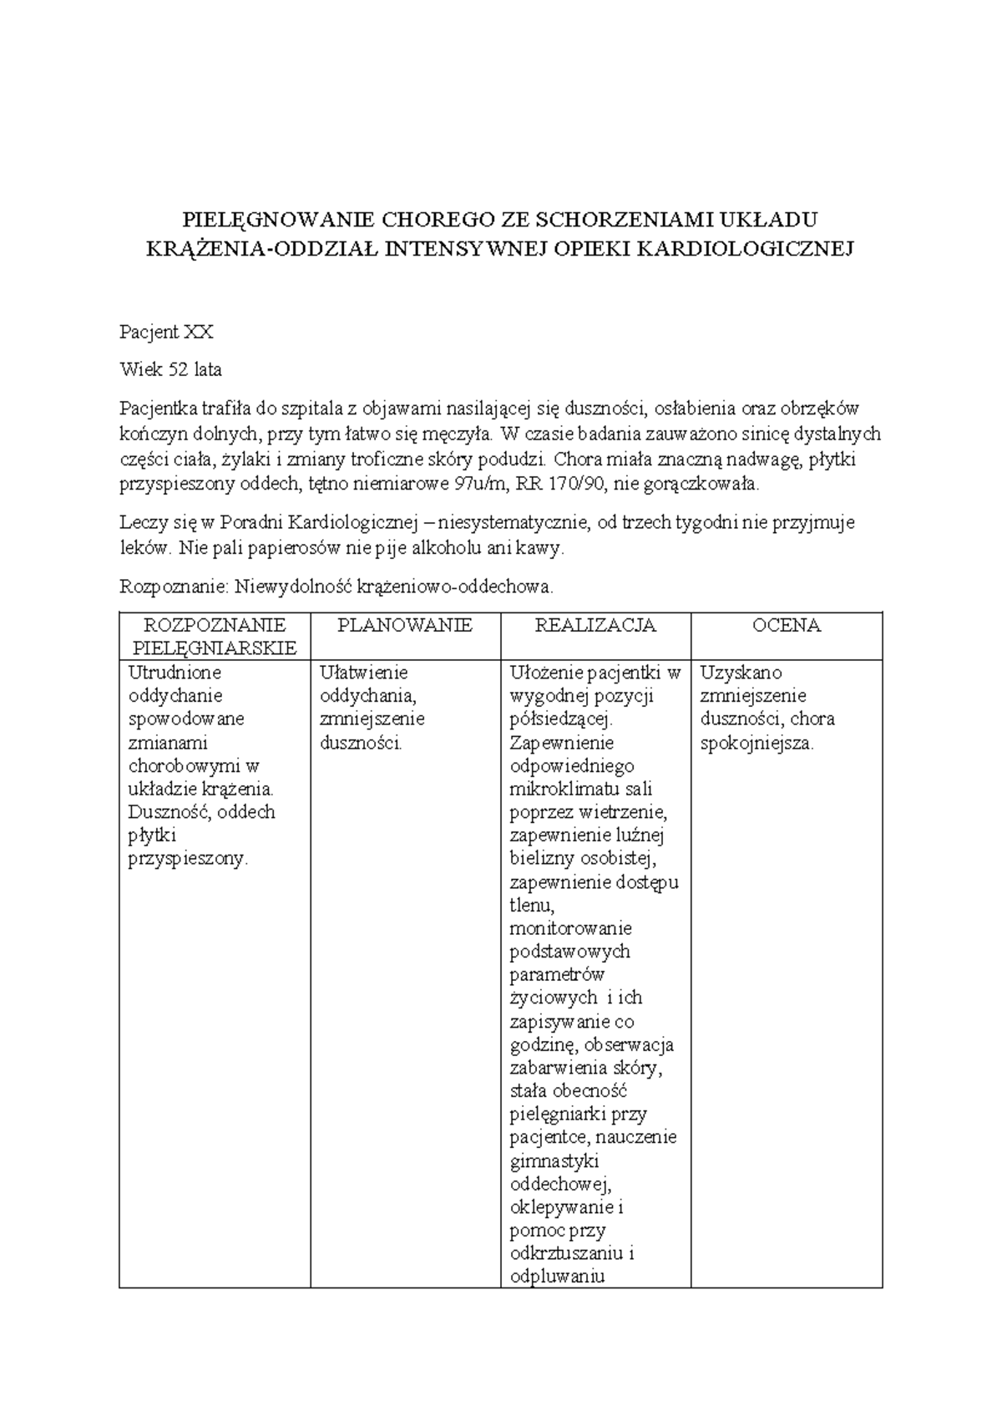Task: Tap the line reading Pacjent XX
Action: click(x=166, y=333)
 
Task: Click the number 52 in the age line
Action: click(x=178, y=369)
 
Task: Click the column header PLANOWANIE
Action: click(x=405, y=625)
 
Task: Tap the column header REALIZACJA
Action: click(x=595, y=625)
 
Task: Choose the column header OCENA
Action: click(x=786, y=625)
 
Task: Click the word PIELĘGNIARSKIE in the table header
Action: click(x=214, y=648)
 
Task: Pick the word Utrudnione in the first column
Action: click(x=175, y=672)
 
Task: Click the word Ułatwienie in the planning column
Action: click(x=363, y=672)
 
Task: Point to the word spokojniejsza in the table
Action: click(x=757, y=743)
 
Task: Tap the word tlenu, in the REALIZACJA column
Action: click(x=532, y=905)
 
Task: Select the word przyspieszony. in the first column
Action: click(x=188, y=859)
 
